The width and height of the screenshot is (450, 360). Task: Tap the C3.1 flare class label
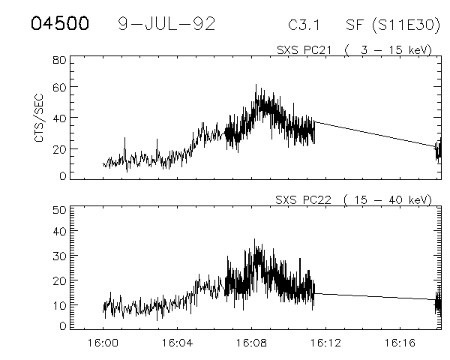[x=304, y=25]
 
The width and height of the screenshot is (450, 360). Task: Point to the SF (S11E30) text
[x=388, y=25]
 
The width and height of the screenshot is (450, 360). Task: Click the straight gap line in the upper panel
[x=375, y=133]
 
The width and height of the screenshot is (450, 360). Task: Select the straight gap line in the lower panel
[x=375, y=296]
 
